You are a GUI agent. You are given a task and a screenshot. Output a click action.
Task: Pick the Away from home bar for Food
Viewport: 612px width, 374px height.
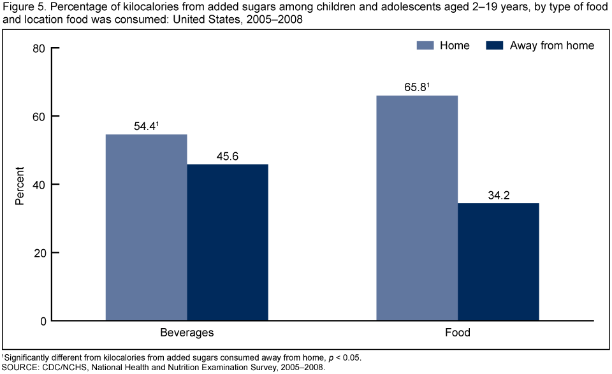click(499, 262)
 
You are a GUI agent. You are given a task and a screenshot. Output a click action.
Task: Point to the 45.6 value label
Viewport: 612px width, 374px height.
click(228, 157)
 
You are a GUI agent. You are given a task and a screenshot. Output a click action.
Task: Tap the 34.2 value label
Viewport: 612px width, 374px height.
click(499, 196)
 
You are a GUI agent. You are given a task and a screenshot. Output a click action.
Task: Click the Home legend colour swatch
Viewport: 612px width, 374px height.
click(426, 45)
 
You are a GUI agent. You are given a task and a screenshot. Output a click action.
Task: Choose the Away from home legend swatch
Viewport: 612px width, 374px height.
click(495, 45)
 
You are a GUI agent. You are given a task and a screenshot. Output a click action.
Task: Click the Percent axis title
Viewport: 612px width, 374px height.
click(20, 185)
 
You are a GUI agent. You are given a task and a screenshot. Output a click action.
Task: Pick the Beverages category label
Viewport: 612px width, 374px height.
click(187, 333)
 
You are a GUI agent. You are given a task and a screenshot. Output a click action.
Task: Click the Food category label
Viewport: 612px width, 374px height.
click(458, 333)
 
